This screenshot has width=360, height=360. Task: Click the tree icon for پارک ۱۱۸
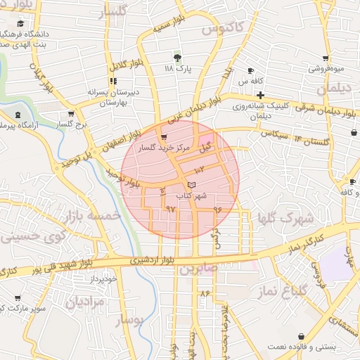(177, 58)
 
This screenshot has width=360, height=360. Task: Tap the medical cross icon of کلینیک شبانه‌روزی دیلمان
(260, 95)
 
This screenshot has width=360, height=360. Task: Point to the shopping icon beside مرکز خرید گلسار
(163, 137)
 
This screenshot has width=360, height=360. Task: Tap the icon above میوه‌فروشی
(325, 58)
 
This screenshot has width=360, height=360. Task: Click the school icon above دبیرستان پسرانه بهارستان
(113, 81)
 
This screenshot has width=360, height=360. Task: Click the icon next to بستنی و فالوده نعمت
(302, 337)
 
